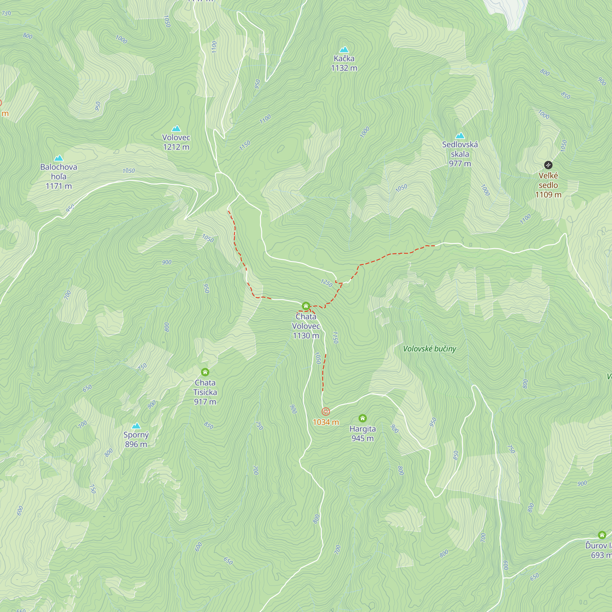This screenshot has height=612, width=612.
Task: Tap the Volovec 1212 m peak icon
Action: [176, 128]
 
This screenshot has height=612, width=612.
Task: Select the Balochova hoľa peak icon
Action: [59, 158]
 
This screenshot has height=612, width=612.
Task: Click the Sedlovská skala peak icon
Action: [460, 136]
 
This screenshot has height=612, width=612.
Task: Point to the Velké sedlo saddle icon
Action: [548, 165]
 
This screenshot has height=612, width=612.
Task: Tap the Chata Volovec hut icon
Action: [306, 306]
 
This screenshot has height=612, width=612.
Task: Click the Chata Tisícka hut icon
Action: [205, 372]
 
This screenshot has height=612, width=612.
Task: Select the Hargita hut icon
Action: [363, 418]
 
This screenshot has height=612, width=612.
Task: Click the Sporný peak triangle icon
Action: [136, 425]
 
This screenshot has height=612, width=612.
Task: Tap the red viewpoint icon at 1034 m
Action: [326, 412]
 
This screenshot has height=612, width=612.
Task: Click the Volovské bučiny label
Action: [430, 349]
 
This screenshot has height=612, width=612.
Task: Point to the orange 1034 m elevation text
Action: [326, 422]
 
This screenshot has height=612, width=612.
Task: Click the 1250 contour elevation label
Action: [327, 283]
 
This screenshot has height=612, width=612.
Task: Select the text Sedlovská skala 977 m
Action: [460, 154]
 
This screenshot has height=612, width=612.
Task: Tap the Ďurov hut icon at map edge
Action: [602, 535]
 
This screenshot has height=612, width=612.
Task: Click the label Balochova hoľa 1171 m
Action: [59, 177]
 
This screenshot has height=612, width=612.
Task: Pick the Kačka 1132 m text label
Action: [344, 63]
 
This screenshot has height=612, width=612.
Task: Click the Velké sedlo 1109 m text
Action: [548, 185]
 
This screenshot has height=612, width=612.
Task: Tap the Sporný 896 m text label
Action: [136, 439]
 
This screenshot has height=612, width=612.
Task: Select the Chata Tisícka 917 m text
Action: [205, 392]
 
